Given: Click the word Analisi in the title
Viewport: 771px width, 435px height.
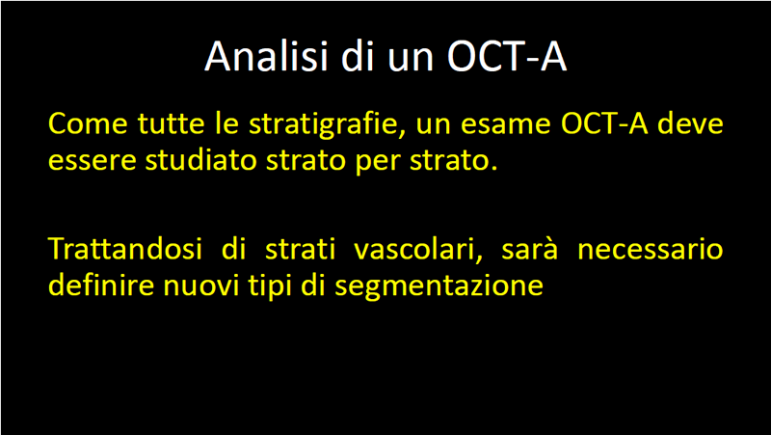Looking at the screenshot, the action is tap(266, 56).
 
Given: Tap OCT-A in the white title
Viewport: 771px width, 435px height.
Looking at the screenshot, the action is tap(507, 56).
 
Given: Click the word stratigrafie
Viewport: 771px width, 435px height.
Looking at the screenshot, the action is tap(324, 125).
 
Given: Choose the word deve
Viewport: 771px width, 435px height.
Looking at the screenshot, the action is tap(690, 123).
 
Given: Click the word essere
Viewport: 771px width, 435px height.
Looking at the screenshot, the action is tap(92, 162).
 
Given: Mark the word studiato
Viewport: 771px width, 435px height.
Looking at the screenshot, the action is tap(200, 160).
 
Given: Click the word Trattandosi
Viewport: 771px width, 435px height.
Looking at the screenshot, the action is tap(125, 249).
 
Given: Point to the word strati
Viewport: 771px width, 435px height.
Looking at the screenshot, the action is tap(300, 249).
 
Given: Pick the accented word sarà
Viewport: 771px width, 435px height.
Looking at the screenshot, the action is tap(530, 249).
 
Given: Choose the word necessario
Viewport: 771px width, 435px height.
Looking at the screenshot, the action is tap(650, 251).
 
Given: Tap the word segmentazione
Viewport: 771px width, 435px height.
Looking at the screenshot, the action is tap(439, 287).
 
